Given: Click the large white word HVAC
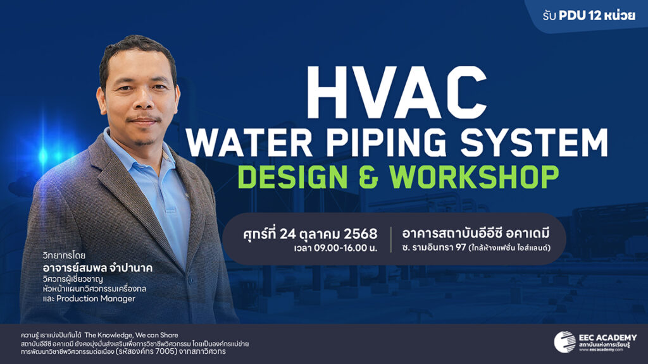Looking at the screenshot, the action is coord(396,92).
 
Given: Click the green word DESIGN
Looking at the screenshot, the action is coord(292,178).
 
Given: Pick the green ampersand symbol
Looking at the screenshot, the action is coord(369,178).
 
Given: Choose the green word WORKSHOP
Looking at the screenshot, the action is coord(475,178).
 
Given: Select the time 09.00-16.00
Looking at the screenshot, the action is coord(340,248).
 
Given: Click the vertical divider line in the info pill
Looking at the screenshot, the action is coord(391,239).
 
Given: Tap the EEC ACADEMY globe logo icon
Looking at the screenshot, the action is coord(564,342).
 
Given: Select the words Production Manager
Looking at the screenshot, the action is coord(96,298).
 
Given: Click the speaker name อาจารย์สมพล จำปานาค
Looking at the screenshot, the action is coord(97,267).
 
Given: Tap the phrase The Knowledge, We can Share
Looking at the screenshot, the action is coord(132,335).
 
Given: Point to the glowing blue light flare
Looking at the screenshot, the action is coord(44,155).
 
